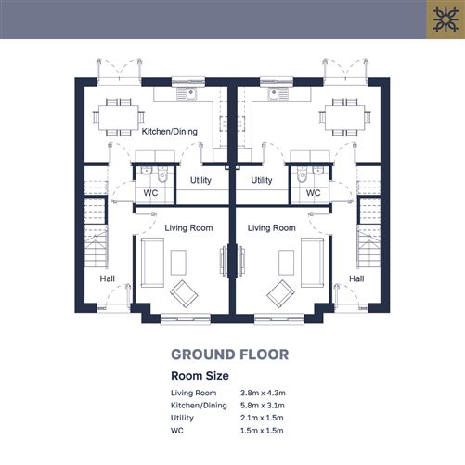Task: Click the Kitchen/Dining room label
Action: coord(170,132)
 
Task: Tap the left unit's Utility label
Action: coord(200,180)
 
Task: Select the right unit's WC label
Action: coord(313,193)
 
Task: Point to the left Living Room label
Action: coord(188,228)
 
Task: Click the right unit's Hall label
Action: coord(356,278)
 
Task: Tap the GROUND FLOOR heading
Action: coord(230,355)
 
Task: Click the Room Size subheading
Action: coord(200,376)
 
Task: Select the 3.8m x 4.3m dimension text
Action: coord(263,393)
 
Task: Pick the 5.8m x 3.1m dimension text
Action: coord(263,406)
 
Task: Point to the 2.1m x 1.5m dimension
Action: coord(262,418)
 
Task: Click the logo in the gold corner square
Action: coord(446,19)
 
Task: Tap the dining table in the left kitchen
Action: coord(119,118)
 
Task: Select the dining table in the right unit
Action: coord(345,118)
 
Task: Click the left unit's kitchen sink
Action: coord(187,94)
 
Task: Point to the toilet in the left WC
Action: coord(162,175)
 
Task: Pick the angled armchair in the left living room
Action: coord(184,293)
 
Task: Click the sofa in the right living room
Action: coord(313,263)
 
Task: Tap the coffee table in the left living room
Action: coord(178,263)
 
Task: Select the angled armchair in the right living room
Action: coord(280,293)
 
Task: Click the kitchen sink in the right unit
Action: coord(278,94)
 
